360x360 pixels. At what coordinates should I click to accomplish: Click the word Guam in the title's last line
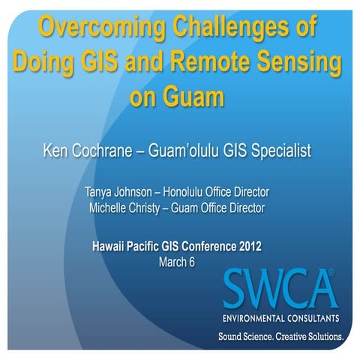(199, 97)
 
